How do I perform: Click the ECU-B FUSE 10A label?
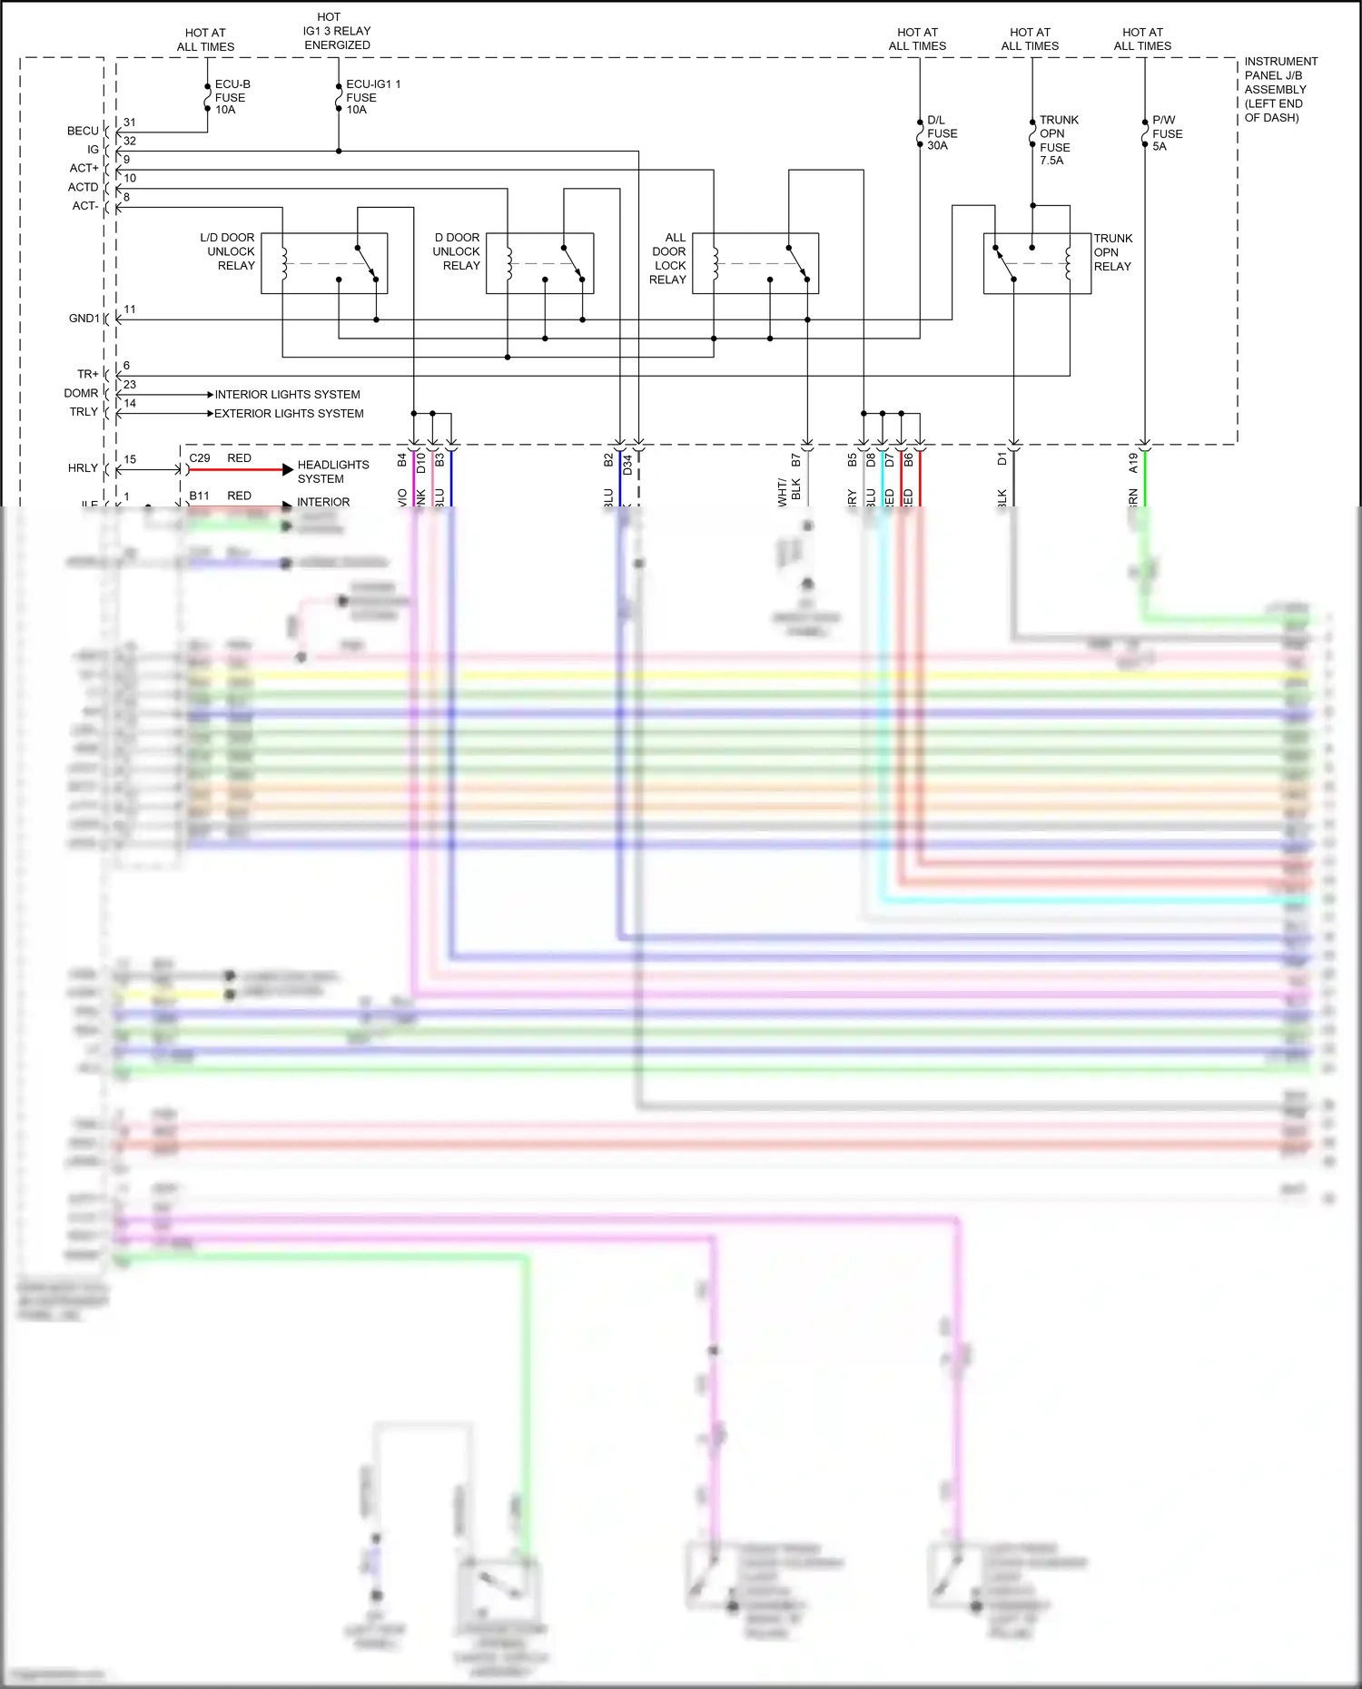[x=232, y=97]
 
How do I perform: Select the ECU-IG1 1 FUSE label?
[x=372, y=97]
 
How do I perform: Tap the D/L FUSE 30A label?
[x=942, y=133]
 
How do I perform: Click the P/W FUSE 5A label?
[x=1167, y=133]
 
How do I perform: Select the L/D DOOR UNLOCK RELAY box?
[x=324, y=263]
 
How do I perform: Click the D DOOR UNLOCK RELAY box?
[x=539, y=263]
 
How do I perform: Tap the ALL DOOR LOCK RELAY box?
[x=755, y=263]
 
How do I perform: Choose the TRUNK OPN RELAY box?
[x=1037, y=263]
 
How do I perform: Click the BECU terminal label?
[x=83, y=131]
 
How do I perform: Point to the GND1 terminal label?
[x=84, y=319]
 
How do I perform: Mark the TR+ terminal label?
[x=87, y=374]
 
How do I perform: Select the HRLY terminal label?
[x=83, y=468]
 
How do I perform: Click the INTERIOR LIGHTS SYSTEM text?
[x=287, y=395]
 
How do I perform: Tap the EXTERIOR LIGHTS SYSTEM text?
[x=289, y=414]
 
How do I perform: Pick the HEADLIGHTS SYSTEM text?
[x=332, y=472]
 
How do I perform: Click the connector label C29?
[x=200, y=458]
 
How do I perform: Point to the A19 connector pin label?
[x=1133, y=463]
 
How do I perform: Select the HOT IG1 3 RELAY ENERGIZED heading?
[x=337, y=31]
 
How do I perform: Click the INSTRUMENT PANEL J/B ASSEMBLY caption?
[x=1280, y=89]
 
